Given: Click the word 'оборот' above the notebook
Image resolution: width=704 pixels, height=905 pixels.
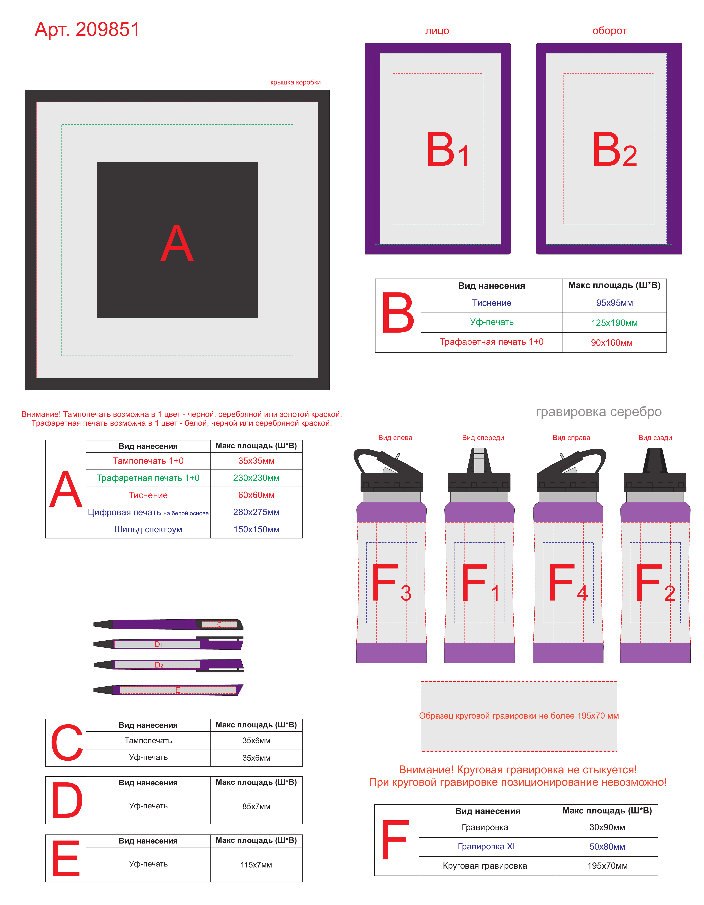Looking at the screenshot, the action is [x=609, y=31].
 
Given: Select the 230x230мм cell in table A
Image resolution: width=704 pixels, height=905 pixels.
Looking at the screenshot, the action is [x=256, y=478].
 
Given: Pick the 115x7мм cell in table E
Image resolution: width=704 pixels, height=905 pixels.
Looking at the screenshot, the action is [x=256, y=865].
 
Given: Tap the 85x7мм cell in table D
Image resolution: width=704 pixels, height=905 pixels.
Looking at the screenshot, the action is [x=256, y=806].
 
